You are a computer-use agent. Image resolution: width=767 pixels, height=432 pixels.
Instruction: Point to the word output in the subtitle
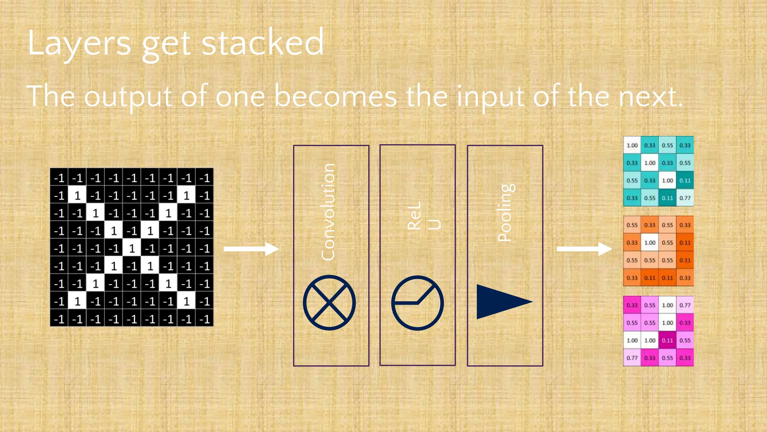pos(128,97)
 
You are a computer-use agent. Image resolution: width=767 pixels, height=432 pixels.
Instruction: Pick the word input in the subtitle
pos(490,97)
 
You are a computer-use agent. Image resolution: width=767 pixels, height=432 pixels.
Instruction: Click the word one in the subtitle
pos(240,97)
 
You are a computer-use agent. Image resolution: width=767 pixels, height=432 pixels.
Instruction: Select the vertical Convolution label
pos(328,212)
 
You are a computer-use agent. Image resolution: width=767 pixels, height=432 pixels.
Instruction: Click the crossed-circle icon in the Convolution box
pos(329,303)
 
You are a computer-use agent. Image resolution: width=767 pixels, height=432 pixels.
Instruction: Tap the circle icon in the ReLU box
pos(417,303)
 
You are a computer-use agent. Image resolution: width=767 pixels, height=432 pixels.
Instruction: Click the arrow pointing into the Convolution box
pos(251,249)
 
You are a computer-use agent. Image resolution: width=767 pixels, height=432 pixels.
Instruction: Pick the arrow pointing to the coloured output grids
pos(584,249)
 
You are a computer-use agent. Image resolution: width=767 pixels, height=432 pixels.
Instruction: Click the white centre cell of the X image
pos(132,248)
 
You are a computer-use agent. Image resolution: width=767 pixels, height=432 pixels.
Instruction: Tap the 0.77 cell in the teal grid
pos(685,198)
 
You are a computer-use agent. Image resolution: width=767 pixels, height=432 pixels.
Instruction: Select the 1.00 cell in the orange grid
pos(650,243)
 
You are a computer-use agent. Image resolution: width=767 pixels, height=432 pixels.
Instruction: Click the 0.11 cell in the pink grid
pos(667,340)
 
